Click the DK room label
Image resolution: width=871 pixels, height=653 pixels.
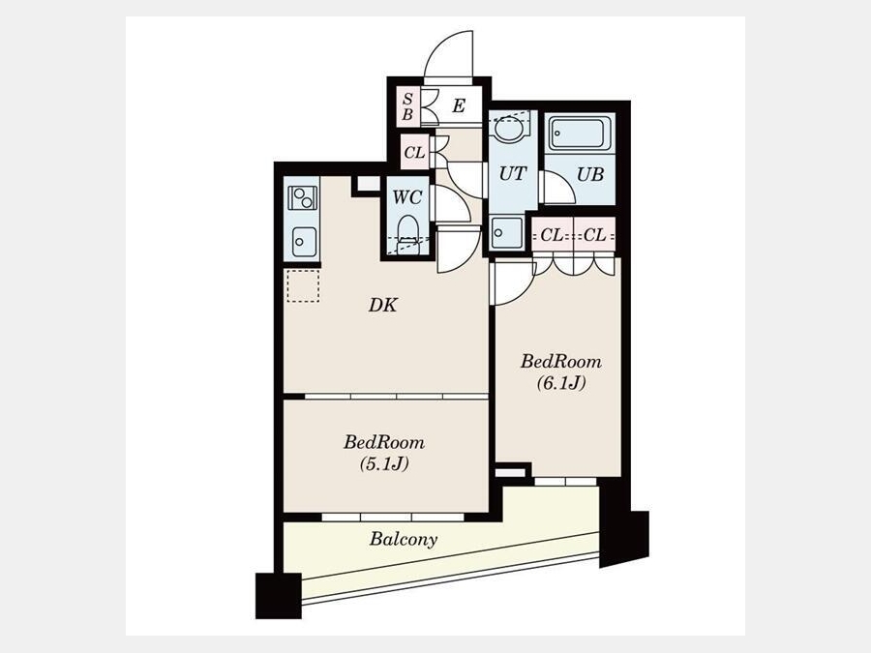coord(383,305)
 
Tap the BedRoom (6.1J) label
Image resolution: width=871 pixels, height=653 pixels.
coord(561,372)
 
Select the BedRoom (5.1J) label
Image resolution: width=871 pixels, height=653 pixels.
coord(384,453)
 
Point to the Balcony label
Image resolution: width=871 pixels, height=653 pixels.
coord(404,540)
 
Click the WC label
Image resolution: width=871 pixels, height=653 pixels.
coord(407,197)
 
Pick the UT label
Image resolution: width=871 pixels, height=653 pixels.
coord(512,174)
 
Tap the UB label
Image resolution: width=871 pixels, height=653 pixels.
coord(590,174)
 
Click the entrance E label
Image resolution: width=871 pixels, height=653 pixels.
coord(459,105)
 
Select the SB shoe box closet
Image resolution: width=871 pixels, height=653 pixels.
coord(407,106)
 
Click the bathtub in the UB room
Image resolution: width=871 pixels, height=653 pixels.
coord(580,134)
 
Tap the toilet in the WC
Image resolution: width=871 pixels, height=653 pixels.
coord(408,234)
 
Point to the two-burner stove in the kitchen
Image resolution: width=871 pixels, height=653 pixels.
coord(303,197)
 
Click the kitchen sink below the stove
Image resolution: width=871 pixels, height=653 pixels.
coord(304,242)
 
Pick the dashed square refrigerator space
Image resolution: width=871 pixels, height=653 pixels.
coord(303,286)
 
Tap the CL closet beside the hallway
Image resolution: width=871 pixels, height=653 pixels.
coord(415,152)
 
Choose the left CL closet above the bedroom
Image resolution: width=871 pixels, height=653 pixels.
coord(553,235)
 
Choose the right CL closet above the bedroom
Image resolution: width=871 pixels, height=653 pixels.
coord(595,235)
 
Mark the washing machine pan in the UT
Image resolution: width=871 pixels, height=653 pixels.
coord(507,232)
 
